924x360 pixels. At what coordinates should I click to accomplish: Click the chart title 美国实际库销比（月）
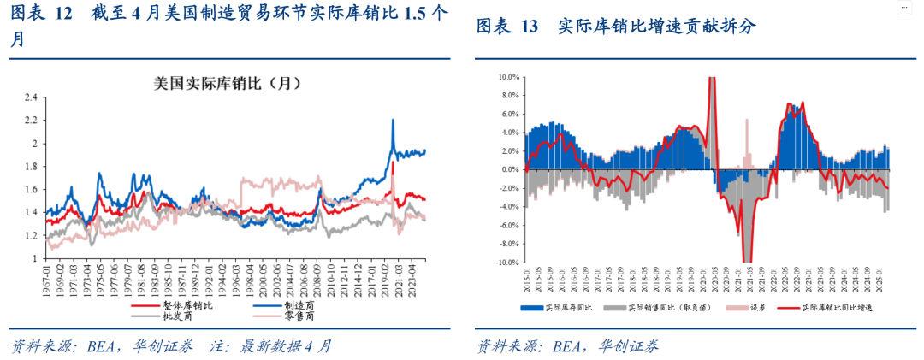click(227, 84)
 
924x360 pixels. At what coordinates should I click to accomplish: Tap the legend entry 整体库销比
click(187, 305)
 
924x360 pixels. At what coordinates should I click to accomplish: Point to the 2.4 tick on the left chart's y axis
click(31, 97)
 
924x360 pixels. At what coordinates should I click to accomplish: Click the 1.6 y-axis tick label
click(31, 189)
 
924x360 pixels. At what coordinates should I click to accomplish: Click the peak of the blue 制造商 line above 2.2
click(393, 120)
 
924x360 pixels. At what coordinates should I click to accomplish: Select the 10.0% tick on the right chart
click(508, 77)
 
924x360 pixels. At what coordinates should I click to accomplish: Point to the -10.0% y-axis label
click(506, 263)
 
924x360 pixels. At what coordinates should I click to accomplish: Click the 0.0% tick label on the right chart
click(509, 170)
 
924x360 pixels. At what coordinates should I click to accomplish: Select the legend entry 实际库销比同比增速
click(834, 307)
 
